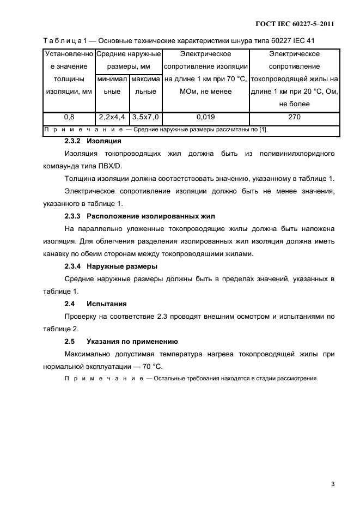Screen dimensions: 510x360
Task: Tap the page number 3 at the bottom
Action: (x=332, y=484)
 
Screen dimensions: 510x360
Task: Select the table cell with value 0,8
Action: (x=69, y=117)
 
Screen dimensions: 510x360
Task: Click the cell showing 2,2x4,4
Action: (x=112, y=117)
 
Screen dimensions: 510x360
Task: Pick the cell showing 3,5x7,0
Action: (x=145, y=117)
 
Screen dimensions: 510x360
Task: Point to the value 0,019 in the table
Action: (x=205, y=117)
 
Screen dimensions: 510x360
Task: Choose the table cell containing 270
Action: (x=295, y=117)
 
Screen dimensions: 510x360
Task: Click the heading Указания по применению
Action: (x=132, y=342)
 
